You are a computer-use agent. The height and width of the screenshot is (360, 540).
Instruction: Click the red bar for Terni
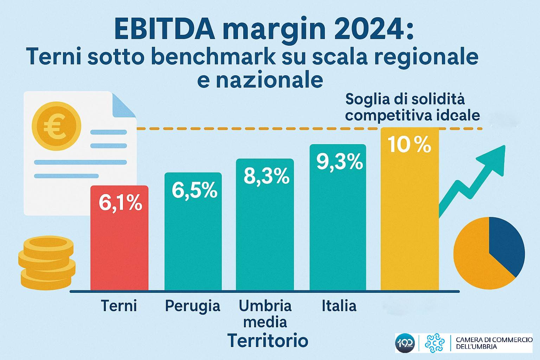click(119, 246)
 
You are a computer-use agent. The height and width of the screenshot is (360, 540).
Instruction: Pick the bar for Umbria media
click(265, 236)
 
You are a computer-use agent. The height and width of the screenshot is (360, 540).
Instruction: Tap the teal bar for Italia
click(337, 229)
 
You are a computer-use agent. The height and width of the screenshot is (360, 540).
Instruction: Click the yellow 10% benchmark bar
click(410, 218)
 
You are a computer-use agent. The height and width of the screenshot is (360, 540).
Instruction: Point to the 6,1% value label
click(120, 203)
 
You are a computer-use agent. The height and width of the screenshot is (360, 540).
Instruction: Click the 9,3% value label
click(339, 162)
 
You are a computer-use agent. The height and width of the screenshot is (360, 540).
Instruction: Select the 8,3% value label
click(266, 176)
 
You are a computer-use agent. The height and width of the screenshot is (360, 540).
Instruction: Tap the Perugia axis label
click(192, 306)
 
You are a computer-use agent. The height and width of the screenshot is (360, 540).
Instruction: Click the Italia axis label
click(339, 306)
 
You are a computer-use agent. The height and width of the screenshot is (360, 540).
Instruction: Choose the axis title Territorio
click(268, 340)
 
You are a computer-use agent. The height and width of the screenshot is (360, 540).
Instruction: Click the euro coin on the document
click(56, 126)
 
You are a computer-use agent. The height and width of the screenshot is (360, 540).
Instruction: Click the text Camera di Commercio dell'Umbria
click(494, 343)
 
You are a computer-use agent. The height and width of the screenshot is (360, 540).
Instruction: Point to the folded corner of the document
click(123, 105)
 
